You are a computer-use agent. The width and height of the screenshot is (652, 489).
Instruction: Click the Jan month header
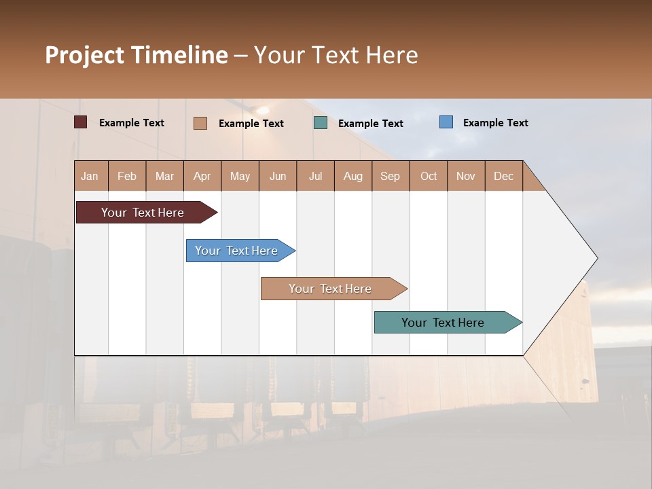tap(90, 176)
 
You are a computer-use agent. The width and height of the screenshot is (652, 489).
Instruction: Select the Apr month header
tap(202, 176)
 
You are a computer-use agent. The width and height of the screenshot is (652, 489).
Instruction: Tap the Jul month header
tap(315, 176)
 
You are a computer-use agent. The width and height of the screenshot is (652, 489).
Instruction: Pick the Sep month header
tap(390, 176)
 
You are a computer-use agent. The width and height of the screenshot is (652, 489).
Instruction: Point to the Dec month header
tap(503, 176)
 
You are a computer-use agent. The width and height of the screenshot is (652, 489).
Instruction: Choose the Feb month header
tap(127, 176)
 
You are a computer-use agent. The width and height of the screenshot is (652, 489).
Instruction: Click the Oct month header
tap(429, 176)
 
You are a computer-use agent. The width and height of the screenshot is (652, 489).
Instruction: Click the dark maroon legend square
tap(81, 122)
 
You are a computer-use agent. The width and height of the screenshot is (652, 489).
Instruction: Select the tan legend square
tap(200, 123)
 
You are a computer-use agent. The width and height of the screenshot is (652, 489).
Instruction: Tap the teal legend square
tap(321, 123)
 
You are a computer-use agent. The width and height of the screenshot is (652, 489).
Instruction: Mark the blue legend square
tap(446, 122)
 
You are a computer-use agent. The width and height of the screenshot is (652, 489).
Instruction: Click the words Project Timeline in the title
tap(137, 55)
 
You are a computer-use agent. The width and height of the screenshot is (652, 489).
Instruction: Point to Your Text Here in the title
tap(336, 55)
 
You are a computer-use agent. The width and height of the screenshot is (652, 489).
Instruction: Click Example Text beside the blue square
tap(495, 123)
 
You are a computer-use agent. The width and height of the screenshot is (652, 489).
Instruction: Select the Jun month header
tap(278, 176)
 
